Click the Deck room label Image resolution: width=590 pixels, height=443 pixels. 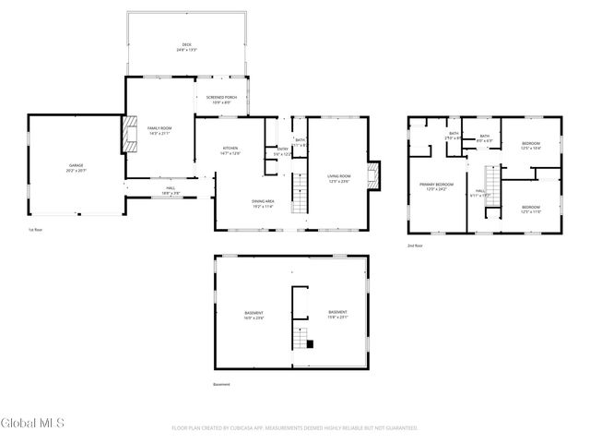pyautogui.click(x=186, y=46)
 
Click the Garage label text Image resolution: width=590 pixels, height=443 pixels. pyautogui.click(x=76, y=168)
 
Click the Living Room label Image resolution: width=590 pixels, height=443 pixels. pyautogui.click(x=339, y=177)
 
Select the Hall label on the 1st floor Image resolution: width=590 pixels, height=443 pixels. pyautogui.click(x=171, y=190)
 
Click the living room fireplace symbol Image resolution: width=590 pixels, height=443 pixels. pyautogui.click(x=372, y=175)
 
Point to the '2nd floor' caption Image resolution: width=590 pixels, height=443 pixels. pyautogui.click(x=415, y=245)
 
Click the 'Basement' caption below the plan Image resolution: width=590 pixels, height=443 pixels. pyautogui.click(x=221, y=384)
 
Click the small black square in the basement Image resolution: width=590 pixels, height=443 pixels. pyautogui.click(x=311, y=344)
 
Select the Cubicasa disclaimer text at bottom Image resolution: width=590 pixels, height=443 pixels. pyautogui.click(x=295, y=428)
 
